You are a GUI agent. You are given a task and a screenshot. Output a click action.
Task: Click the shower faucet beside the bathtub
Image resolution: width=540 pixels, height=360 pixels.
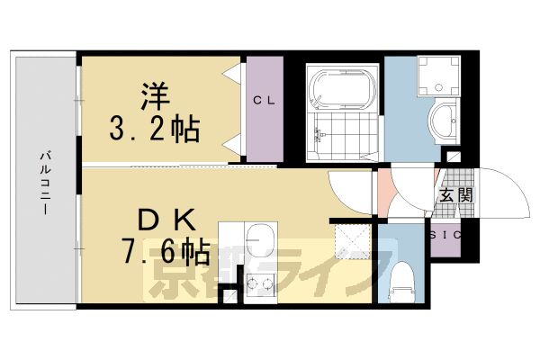pos(317,136)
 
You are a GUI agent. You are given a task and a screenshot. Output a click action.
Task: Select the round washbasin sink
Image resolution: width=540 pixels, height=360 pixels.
pos(443,121)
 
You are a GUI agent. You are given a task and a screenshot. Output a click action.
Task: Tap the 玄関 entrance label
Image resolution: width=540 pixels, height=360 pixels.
pos(451,195)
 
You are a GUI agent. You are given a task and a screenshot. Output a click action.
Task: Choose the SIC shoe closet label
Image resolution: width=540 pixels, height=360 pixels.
pos(445,235)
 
